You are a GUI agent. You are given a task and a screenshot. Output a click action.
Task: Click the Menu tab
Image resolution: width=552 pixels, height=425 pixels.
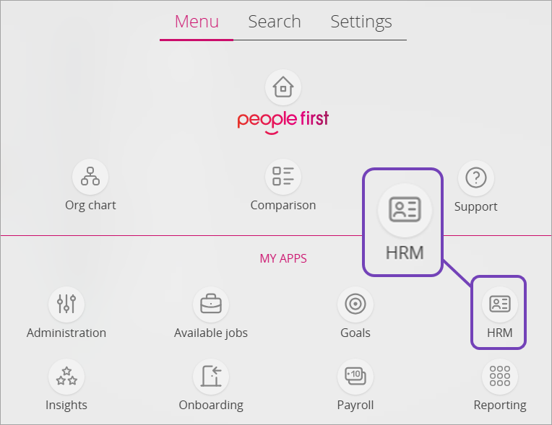pos(197,22)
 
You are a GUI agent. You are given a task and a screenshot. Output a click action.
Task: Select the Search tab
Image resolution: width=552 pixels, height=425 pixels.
pos(275,22)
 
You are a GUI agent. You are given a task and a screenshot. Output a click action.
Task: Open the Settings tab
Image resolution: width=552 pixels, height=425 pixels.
pos(361,22)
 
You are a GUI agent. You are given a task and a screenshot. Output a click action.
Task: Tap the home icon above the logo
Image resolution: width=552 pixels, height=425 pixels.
pos(283,88)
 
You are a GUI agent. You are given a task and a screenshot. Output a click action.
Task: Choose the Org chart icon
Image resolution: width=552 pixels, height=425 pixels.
pos(90,177)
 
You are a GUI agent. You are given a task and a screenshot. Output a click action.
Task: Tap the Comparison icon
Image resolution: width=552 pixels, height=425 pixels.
pos(283,177)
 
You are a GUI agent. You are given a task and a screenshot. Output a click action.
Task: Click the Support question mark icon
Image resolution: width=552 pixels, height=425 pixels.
pos(476,178)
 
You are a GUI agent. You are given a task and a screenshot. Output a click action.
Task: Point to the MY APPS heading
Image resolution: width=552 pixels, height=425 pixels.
pos(283,258)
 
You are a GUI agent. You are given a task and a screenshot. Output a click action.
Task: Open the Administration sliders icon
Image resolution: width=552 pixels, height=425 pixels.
pos(66,304)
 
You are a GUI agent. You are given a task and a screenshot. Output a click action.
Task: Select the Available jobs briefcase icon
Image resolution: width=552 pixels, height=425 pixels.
pos(211,304)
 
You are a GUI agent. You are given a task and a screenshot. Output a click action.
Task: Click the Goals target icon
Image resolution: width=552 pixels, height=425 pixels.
pos(355,304)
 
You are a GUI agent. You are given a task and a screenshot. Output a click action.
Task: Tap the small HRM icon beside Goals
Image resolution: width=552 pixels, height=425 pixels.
pos(499,304)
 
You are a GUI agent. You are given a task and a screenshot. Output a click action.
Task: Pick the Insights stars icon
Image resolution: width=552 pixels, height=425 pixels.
pos(66,376)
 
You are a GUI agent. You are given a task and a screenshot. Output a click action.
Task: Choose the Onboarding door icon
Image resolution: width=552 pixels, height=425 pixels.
pos(211,376)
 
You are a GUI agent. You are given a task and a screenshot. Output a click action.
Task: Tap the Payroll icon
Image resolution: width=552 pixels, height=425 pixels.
pos(355,376)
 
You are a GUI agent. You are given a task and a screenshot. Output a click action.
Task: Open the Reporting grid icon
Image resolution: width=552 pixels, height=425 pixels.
pos(499,376)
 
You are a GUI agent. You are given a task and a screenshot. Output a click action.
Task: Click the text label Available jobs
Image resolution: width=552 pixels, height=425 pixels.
pos(211,333)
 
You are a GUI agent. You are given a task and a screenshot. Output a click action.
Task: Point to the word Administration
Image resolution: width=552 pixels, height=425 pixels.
pos(66,333)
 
